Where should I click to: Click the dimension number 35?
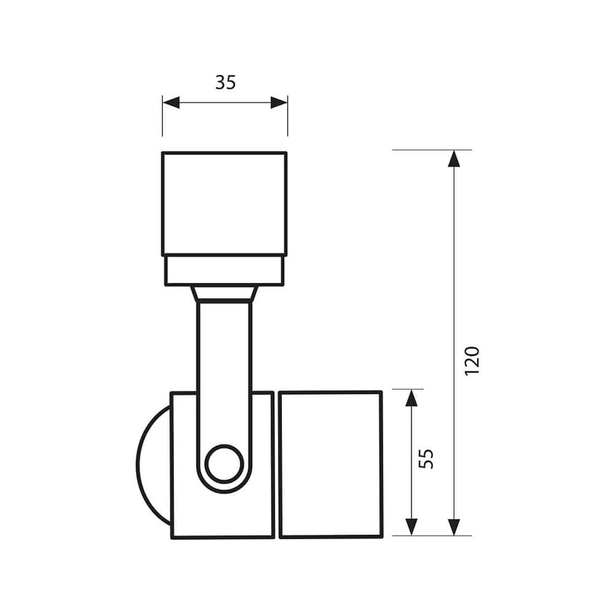[225, 82]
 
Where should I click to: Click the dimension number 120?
[472, 361]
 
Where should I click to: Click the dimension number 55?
[426, 458]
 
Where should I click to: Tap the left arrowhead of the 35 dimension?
[171, 102]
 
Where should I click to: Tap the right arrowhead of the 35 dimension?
[279, 102]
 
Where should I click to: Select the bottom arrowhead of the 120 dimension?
[454, 527]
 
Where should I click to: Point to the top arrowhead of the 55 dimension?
[411, 398]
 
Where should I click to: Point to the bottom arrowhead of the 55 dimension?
[411, 527]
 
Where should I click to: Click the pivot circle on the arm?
[224, 464]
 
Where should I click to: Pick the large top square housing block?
[224, 203]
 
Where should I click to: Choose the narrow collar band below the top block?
[224, 271]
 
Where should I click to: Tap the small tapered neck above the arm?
[224, 294]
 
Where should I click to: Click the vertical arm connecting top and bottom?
[224, 365]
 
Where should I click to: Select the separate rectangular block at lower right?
[330, 464]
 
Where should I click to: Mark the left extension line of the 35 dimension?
[162, 123]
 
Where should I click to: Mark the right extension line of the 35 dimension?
[287, 123]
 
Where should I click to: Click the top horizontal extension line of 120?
[422, 150]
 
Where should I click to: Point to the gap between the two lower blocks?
[276, 464]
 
